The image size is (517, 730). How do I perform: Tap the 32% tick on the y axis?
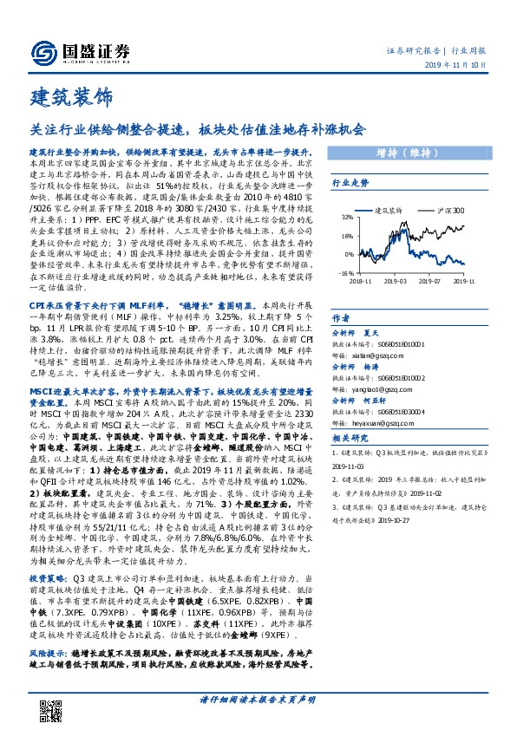pos(347,217)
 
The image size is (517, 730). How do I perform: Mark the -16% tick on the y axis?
pos(345,272)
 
